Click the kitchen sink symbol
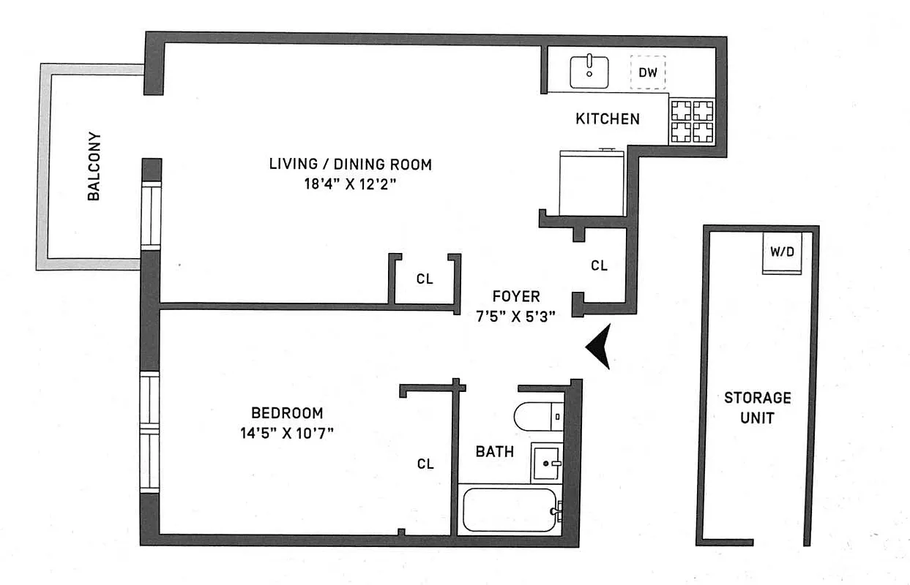tap(589, 72)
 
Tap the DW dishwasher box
tap(648, 72)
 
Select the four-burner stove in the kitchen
tap(693, 121)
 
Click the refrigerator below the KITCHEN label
tap(591, 183)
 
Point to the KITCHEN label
tap(607, 118)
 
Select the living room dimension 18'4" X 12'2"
tap(350, 184)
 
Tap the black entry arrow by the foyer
tap(600, 347)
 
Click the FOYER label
tap(515, 297)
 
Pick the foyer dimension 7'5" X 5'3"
tap(515, 316)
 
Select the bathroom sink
tap(547, 462)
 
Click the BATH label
tap(494, 452)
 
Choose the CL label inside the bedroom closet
tap(425, 464)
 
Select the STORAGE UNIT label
tap(757, 408)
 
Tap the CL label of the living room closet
tap(425, 279)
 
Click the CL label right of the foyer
tap(599, 266)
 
